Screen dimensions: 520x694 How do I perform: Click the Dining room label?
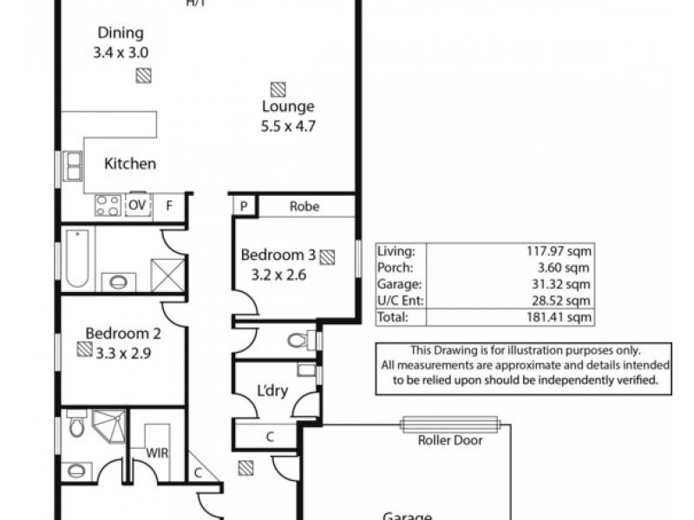click(x=121, y=34)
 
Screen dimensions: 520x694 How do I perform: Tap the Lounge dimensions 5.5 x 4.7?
click(x=288, y=125)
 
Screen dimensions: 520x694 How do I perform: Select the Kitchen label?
click(x=130, y=164)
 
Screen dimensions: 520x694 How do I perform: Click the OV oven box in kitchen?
click(x=137, y=205)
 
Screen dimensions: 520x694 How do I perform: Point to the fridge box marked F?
click(x=169, y=205)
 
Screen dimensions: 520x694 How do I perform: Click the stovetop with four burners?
click(x=108, y=205)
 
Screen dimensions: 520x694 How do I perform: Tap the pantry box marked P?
click(x=245, y=206)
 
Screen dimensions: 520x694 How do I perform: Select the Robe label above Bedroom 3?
click(x=304, y=206)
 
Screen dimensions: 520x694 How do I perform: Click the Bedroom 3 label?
click(x=278, y=255)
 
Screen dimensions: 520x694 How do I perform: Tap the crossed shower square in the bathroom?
click(x=167, y=273)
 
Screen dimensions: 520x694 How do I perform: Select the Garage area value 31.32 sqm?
click(x=567, y=283)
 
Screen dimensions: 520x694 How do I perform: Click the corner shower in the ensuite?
click(x=110, y=426)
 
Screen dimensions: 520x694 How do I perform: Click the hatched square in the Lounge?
click(x=278, y=88)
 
